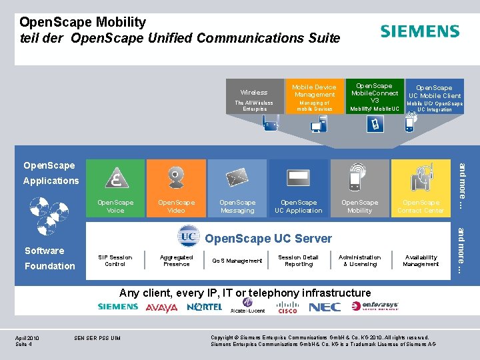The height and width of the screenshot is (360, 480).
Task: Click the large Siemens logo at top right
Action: (419, 31)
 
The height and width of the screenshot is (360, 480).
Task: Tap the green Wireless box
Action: (254, 97)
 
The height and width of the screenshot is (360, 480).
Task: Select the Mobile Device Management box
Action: (314, 97)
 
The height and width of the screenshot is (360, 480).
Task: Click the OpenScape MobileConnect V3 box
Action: (375, 97)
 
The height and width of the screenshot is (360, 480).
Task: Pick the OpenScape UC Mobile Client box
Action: (434, 97)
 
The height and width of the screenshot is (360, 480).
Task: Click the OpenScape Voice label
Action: (115, 207)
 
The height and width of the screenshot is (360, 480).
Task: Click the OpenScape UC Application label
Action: (299, 207)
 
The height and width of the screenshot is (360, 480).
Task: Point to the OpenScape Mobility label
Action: (359, 207)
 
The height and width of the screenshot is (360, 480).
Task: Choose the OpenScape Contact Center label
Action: (421, 207)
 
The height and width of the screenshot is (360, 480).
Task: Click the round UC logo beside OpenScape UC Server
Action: (189, 237)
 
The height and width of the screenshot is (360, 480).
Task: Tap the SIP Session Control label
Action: (115, 261)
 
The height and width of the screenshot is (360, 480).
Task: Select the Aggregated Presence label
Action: (177, 261)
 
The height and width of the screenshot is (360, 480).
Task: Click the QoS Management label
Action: (237, 261)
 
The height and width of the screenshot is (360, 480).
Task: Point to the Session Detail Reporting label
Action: (299, 261)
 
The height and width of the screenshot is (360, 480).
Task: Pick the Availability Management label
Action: (421, 261)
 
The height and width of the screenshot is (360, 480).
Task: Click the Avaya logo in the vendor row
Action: (162, 308)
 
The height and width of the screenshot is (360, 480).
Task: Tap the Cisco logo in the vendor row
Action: (287, 308)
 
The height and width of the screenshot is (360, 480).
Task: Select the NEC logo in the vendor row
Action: (325, 307)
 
